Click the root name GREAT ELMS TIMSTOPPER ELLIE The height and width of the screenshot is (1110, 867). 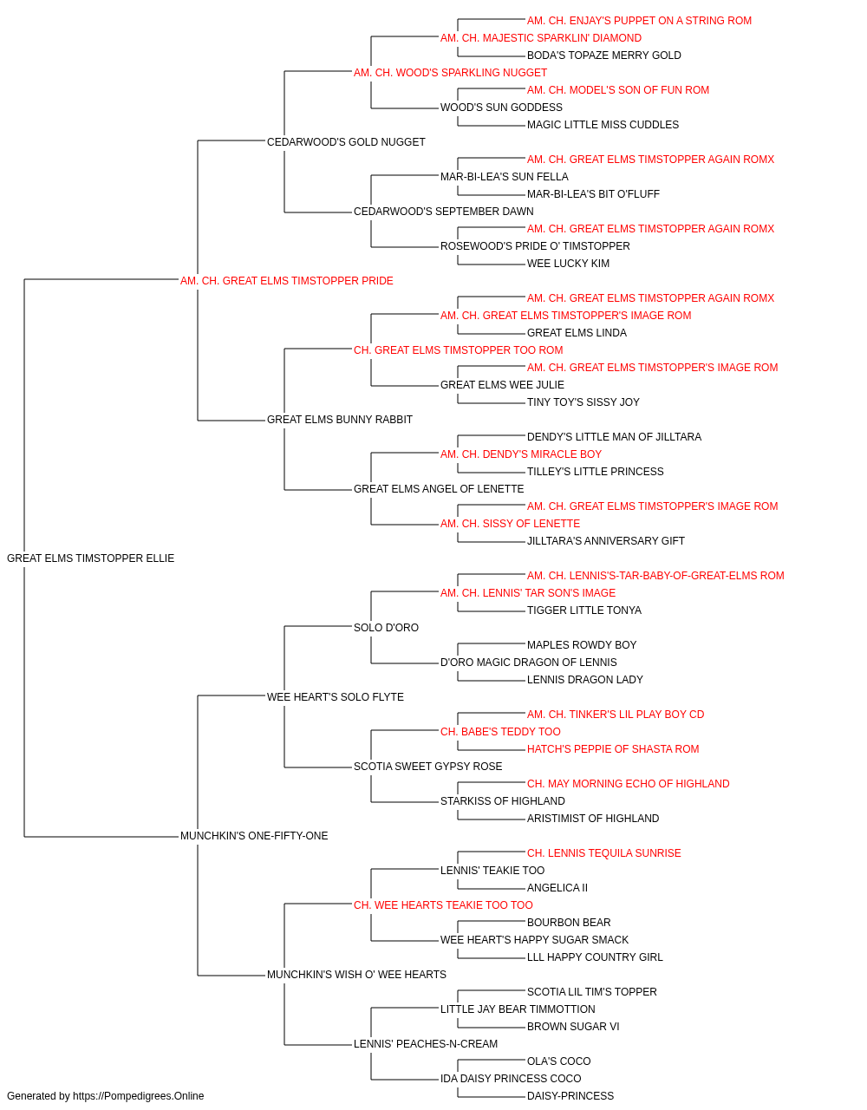(90, 558)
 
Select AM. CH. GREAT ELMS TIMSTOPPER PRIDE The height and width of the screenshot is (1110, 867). (286, 281)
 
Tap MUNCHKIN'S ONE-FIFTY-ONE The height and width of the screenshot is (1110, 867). (254, 836)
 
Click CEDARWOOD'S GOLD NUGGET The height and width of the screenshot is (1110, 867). (346, 142)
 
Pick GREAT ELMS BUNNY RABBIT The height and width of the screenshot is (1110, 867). (340, 420)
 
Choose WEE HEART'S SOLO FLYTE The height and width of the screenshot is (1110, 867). (335, 696)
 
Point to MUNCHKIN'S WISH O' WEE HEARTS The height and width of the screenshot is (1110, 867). (356, 974)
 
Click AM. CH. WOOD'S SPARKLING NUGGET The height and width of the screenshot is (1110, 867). (450, 73)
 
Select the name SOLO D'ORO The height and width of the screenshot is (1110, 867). (386, 627)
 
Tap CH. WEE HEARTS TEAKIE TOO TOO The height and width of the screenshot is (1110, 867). (443, 904)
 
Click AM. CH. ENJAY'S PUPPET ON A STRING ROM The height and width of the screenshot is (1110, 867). (639, 21)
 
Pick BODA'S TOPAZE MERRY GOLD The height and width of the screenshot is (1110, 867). (604, 55)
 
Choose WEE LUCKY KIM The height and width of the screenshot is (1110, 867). (568, 263)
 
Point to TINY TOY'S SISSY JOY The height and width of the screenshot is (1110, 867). (583, 402)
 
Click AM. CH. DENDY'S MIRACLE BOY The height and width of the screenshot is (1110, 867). (521, 454)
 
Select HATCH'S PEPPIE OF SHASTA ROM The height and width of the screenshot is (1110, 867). (613, 749)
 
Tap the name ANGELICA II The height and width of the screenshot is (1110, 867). (557, 888)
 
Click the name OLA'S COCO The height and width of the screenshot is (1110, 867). (558, 1061)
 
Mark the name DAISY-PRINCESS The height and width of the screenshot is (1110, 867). (570, 1096)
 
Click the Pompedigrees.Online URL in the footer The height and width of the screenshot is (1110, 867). (138, 1096)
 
